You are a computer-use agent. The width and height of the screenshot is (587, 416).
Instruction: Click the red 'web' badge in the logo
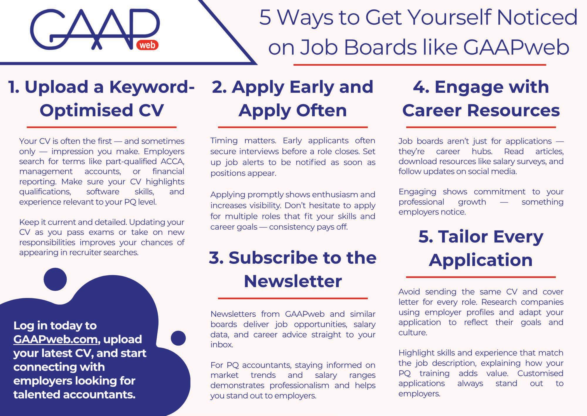(147, 45)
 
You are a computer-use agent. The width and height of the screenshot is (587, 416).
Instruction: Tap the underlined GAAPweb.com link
(55, 339)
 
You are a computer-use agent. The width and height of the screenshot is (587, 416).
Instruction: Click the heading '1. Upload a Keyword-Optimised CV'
(102, 99)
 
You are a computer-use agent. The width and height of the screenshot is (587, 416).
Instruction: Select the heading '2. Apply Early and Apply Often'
(293, 99)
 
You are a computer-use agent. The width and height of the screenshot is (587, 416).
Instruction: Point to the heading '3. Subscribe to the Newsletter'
(293, 269)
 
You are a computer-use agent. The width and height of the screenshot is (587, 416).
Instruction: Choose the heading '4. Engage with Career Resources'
(481, 99)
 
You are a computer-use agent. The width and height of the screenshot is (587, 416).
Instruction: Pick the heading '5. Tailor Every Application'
(481, 248)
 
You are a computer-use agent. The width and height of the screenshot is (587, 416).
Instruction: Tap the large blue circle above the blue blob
(55, 279)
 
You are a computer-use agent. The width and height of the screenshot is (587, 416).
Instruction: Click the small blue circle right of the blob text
(178, 338)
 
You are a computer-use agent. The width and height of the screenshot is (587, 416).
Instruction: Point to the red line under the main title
(420, 65)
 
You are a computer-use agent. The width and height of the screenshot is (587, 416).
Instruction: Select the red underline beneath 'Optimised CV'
(102, 127)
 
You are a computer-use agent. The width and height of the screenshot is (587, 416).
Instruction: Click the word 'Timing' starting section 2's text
(224, 141)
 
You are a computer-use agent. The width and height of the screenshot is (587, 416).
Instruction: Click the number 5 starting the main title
(265, 18)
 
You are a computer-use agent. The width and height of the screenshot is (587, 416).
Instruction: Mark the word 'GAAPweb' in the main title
(516, 47)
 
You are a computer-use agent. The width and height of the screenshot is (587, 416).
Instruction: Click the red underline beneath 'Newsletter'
(293, 298)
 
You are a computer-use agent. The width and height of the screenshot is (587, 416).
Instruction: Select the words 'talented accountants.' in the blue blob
(75, 395)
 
